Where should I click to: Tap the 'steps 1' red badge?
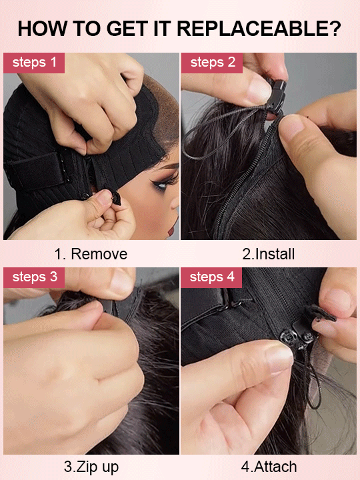pos(34,63)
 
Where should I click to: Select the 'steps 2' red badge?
pos(211,63)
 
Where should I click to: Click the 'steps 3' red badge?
pos(34,277)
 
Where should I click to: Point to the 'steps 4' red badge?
pos(211,277)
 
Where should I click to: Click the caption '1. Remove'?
pos(91,254)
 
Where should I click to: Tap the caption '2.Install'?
pos(268,254)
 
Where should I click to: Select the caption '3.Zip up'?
pos(91,467)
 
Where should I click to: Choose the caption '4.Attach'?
pos(269,467)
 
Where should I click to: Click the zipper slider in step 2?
pos(278,93)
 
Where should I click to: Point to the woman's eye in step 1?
pos(161,184)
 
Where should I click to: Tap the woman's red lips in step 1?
pos(172,228)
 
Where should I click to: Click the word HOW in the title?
pos(42,29)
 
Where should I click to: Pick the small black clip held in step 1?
pos(116,197)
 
